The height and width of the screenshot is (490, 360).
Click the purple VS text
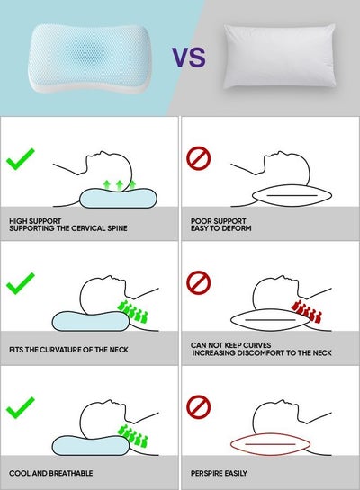tap(189, 58)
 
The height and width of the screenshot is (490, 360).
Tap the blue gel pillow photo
tap(90, 58)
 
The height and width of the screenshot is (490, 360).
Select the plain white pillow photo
tap(279, 57)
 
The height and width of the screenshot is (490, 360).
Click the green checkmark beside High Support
tap(21, 159)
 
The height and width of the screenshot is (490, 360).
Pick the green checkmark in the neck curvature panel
tap(21, 283)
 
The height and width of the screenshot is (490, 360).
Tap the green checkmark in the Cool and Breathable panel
tap(21, 407)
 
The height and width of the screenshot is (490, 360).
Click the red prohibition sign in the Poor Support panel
tap(199, 159)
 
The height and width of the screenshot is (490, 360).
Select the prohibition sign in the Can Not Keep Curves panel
tap(199, 282)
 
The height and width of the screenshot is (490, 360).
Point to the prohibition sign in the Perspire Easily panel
tap(199, 407)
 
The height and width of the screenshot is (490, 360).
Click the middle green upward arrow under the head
tap(119, 185)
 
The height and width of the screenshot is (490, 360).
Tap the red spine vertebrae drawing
tap(306, 312)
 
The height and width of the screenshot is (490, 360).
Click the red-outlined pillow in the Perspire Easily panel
tap(270, 444)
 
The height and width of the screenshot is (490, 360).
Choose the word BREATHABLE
tap(71, 473)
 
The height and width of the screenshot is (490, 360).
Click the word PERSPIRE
tap(205, 473)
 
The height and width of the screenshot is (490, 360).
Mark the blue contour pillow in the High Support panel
tap(118, 198)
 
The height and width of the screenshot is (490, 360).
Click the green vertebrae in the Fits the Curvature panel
tap(132, 312)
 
